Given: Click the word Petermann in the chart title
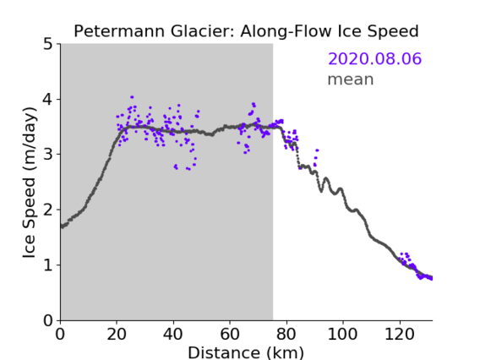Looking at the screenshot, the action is (x=119, y=31).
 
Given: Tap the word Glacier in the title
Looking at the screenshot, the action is (x=202, y=31).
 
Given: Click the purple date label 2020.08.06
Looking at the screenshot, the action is (x=374, y=58).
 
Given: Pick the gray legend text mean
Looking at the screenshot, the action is (x=351, y=79).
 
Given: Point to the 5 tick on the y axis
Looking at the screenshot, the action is (x=48, y=45).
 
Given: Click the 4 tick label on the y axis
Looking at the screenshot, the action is (x=48, y=100).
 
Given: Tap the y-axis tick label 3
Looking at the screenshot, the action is (x=48, y=155).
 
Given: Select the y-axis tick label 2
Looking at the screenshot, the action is (x=48, y=210).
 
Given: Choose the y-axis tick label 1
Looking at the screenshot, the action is (x=48, y=265).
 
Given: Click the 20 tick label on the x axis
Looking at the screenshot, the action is (x=117, y=334).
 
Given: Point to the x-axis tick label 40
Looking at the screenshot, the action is (x=173, y=334).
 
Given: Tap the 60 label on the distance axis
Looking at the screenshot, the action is (x=230, y=334).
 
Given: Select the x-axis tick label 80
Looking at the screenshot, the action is (x=286, y=334).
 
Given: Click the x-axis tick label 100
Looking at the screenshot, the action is (x=342, y=334).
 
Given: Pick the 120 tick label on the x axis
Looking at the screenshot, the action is (x=400, y=334).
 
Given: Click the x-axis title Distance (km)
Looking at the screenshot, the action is (x=246, y=352).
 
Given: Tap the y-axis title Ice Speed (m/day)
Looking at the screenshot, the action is (x=30, y=183).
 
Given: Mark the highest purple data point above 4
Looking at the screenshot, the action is (x=132, y=97).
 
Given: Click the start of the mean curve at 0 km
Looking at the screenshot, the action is (x=62, y=226).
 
